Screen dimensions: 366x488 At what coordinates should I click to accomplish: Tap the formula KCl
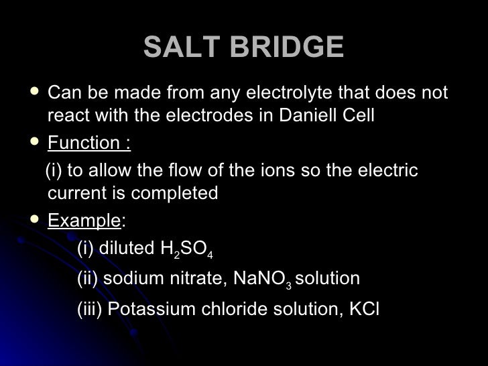(x=361, y=309)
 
